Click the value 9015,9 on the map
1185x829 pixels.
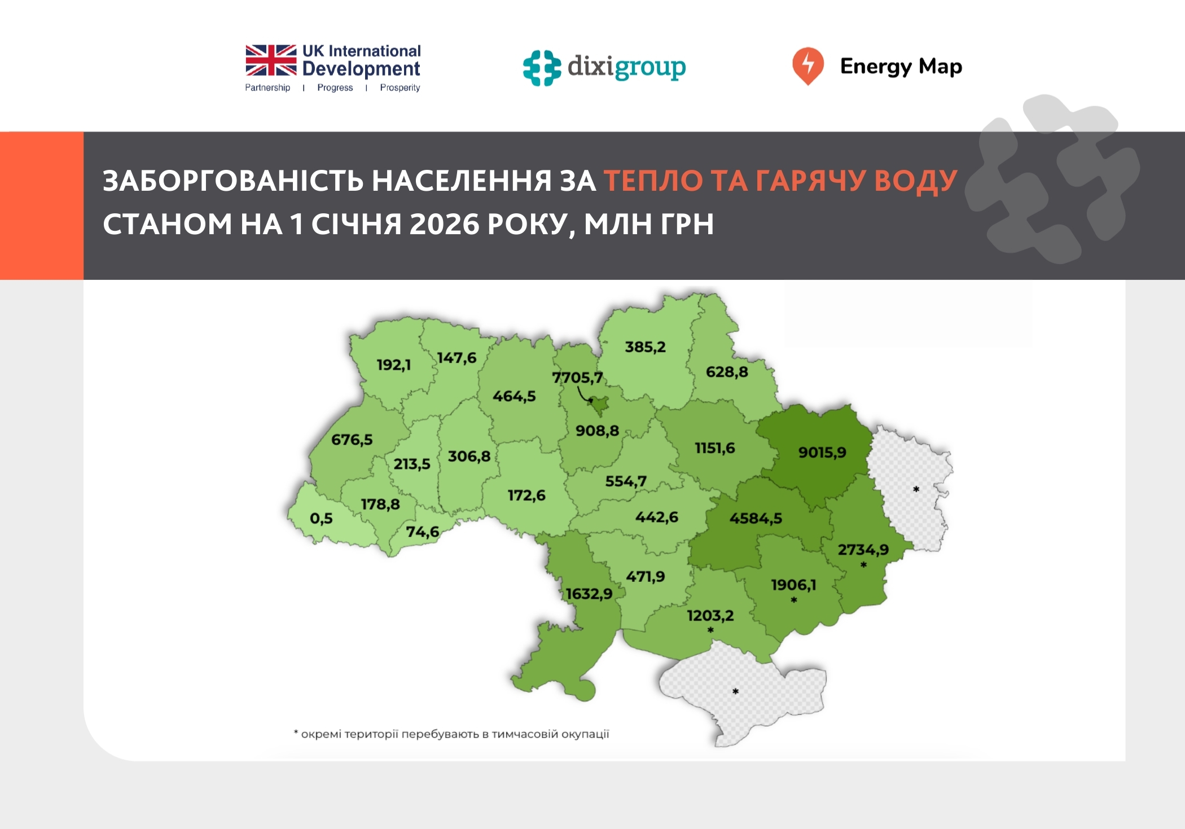(x=822, y=452)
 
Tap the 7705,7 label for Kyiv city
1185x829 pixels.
(x=577, y=377)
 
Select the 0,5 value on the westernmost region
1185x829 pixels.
(x=321, y=518)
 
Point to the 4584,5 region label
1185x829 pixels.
(x=756, y=518)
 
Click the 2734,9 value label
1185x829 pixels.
(x=863, y=549)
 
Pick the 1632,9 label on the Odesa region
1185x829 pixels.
(x=589, y=594)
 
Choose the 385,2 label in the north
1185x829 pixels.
(x=645, y=346)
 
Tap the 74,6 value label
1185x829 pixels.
(x=423, y=532)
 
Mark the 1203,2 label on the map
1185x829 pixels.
(x=710, y=615)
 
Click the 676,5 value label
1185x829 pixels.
(x=352, y=439)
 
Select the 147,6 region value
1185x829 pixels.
(x=457, y=358)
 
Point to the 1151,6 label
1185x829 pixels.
(x=714, y=448)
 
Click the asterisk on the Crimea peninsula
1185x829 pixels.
(x=735, y=691)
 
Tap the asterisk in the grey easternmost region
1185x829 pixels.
(x=916, y=489)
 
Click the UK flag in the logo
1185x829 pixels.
(x=271, y=60)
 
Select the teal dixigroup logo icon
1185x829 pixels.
(x=542, y=68)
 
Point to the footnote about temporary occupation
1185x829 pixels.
(x=451, y=734)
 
